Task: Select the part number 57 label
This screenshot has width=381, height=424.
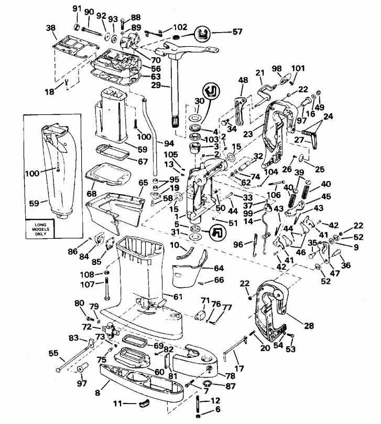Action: click(238, 32)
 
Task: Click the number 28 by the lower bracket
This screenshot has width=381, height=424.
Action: click(309, 326)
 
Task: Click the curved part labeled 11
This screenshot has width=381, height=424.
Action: click(140, 403)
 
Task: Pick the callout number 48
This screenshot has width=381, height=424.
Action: click(243, 80)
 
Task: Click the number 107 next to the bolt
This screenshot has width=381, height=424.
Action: click(88, 285)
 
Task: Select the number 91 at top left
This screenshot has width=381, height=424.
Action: click(77, 9)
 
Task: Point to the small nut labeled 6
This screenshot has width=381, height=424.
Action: click(198, 416)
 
